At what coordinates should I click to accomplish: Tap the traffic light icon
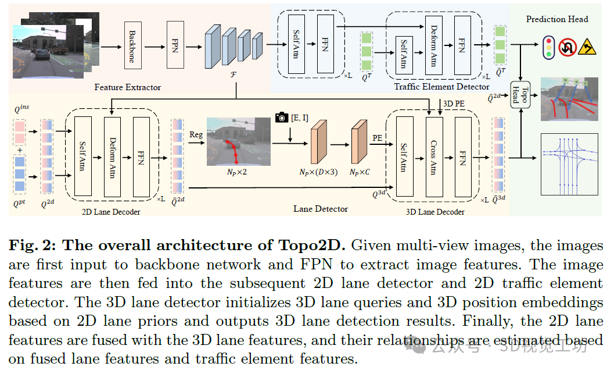(547, 47)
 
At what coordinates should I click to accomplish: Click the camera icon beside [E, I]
(282, 118)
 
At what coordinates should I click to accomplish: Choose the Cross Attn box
(434, 156)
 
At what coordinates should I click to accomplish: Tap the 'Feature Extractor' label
(128, 87)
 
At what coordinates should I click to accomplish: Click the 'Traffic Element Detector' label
(441, 87)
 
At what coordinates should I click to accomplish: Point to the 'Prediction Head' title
(557, 19)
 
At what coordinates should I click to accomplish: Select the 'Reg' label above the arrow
(196, 134)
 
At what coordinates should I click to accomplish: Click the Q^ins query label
(21, 109)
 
